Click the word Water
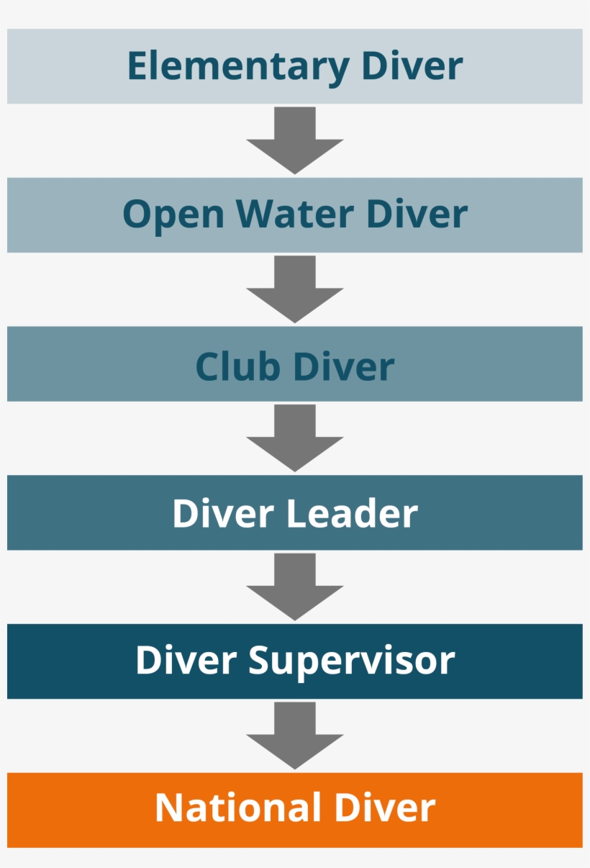click(x=297, y=214)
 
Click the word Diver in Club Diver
click(x=345, y=366)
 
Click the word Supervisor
click(x=352, y=661)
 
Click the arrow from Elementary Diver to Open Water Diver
click(x=295, y=141)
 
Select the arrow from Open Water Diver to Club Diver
click(x=295, y=289)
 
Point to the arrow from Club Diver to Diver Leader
click(x=295, y=438)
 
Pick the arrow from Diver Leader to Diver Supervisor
click(x=295, y=587)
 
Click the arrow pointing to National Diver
click(x=295, y=736)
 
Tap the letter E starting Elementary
click(x=137, y=66)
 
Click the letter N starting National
click(x=168, y=808)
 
